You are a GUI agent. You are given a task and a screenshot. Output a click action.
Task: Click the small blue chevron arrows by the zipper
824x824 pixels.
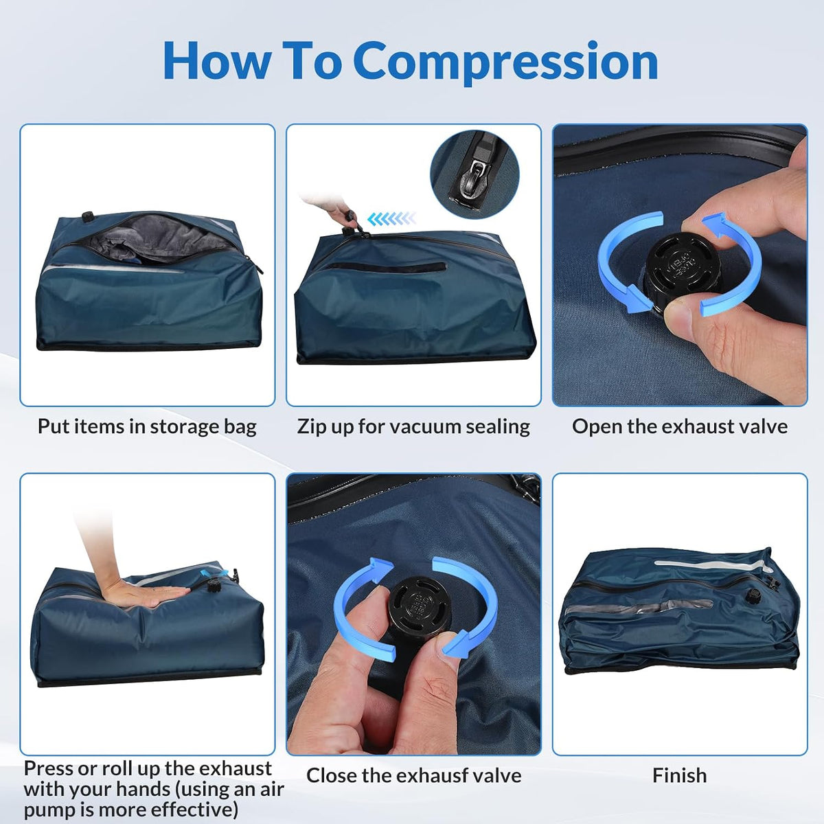pos(391,219)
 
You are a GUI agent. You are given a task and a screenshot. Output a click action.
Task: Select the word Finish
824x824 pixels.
pos(680,775)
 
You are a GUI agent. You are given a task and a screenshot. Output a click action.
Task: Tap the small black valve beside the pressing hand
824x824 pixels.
pos(212,586)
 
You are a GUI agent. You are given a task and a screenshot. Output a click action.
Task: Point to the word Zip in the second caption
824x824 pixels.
pos(310,426)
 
